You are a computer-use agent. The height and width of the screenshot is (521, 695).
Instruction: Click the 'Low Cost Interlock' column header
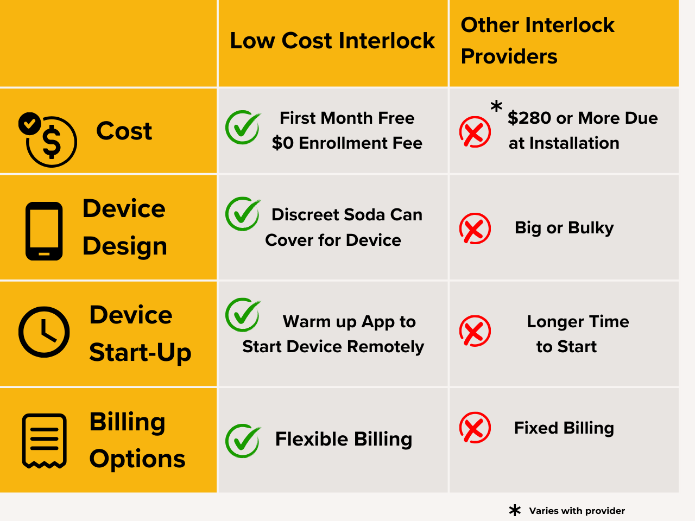point(332,41)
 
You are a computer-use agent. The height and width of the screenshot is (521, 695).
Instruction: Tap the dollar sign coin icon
point(51,141)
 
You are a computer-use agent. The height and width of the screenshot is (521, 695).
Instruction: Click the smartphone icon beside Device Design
point(44,231)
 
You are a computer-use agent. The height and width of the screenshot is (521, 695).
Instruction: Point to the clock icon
point(44,332)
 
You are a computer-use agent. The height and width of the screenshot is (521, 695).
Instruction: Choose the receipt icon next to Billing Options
point(44,441)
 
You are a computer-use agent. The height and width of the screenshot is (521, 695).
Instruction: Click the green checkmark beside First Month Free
point(243,128)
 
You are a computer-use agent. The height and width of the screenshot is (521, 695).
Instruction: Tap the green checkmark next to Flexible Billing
point(243,440)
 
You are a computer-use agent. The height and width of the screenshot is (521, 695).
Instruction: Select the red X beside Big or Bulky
point(475,228)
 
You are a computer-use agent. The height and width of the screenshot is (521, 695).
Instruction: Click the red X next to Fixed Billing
point(475,428)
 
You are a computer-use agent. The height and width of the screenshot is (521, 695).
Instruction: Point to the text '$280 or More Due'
point(582,118)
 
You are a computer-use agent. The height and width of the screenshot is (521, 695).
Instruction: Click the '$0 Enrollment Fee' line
point(347,143)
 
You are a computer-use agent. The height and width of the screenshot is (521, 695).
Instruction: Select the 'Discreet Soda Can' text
point(347,215)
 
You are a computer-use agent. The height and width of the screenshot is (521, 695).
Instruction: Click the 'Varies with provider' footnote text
point(577,511)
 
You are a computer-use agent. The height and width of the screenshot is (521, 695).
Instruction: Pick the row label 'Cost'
point(124,131)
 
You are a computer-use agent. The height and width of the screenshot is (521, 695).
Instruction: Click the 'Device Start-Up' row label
point(140,333)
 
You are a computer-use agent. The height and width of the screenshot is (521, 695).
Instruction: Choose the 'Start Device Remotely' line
point(333,347)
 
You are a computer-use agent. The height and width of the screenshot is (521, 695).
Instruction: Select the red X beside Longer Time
point(475,331)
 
